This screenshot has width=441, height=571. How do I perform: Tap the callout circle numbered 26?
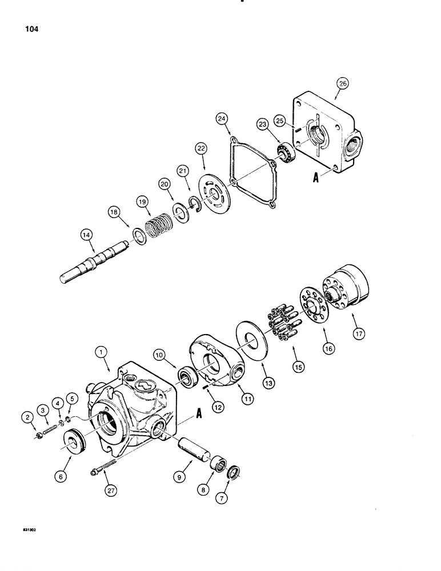[x=342, y=85]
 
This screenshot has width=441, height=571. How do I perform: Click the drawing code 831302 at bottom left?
[x=23, y=530]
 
